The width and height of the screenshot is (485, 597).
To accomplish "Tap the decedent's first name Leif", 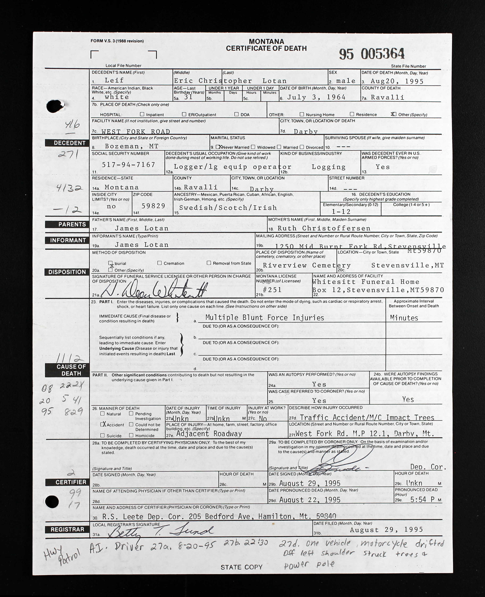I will (114, 80).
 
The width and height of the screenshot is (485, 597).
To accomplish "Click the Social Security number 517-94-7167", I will (128, 165).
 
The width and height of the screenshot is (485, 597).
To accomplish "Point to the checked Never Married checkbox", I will (218, 147).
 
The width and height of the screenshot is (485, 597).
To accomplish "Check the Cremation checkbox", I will (159, 263).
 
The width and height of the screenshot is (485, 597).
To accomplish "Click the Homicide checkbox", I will (131, 435).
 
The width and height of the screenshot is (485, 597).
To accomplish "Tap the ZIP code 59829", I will (153, 206).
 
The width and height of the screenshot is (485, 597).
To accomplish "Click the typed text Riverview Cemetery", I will (307, 265).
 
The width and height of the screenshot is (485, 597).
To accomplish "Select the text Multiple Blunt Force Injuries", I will (265, 318).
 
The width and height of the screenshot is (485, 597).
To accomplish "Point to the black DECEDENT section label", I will (67, 143).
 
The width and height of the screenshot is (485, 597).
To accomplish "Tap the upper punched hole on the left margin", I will (55, 106).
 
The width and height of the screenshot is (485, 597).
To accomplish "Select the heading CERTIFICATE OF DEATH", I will (266, 48).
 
